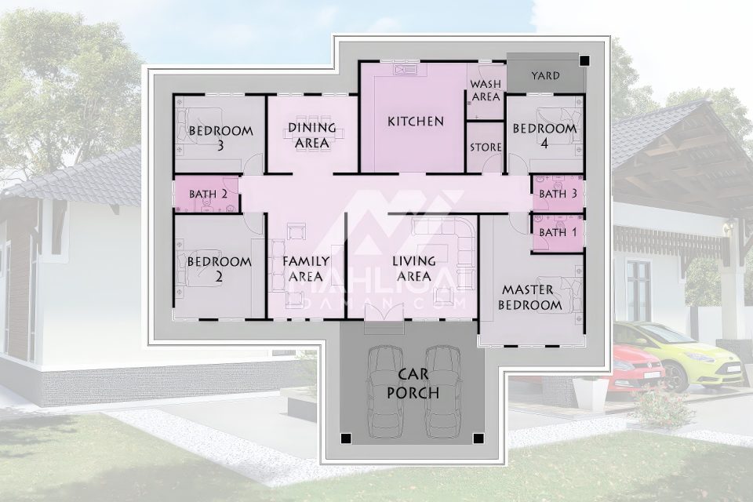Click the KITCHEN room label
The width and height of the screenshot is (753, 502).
point(416,122)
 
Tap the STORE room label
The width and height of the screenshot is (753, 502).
point(486,147)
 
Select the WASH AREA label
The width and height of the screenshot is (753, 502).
point(486,90)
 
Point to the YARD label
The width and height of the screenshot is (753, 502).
point(546,75)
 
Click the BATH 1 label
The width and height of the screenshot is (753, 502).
point(558,232)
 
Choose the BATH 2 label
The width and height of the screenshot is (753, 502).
point(207,194)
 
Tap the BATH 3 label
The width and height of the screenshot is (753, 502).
point(558,194)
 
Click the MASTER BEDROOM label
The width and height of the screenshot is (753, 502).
point(529,297)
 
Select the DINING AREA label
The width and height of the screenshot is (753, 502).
point(311,135)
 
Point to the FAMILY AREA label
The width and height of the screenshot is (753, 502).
point(306,268)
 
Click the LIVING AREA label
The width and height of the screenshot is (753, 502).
point(414,268)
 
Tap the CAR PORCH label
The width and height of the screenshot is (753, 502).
point(413,384)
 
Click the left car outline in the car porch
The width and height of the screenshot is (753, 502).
point(385,391)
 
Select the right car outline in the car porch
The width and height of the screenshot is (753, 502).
point(443,391)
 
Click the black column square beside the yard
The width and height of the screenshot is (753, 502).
point(584,60)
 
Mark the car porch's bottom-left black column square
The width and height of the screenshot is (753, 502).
point(346,438)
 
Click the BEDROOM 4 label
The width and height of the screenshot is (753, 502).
point(544,136)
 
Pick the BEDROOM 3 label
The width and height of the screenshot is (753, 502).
point(220,137)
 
